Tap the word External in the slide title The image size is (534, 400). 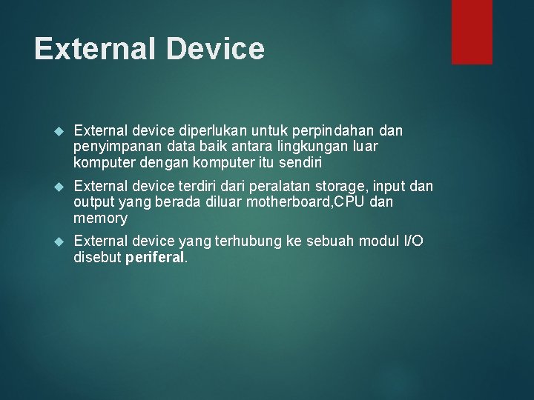tap(94, 49)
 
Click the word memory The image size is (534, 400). tap(100, 219)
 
